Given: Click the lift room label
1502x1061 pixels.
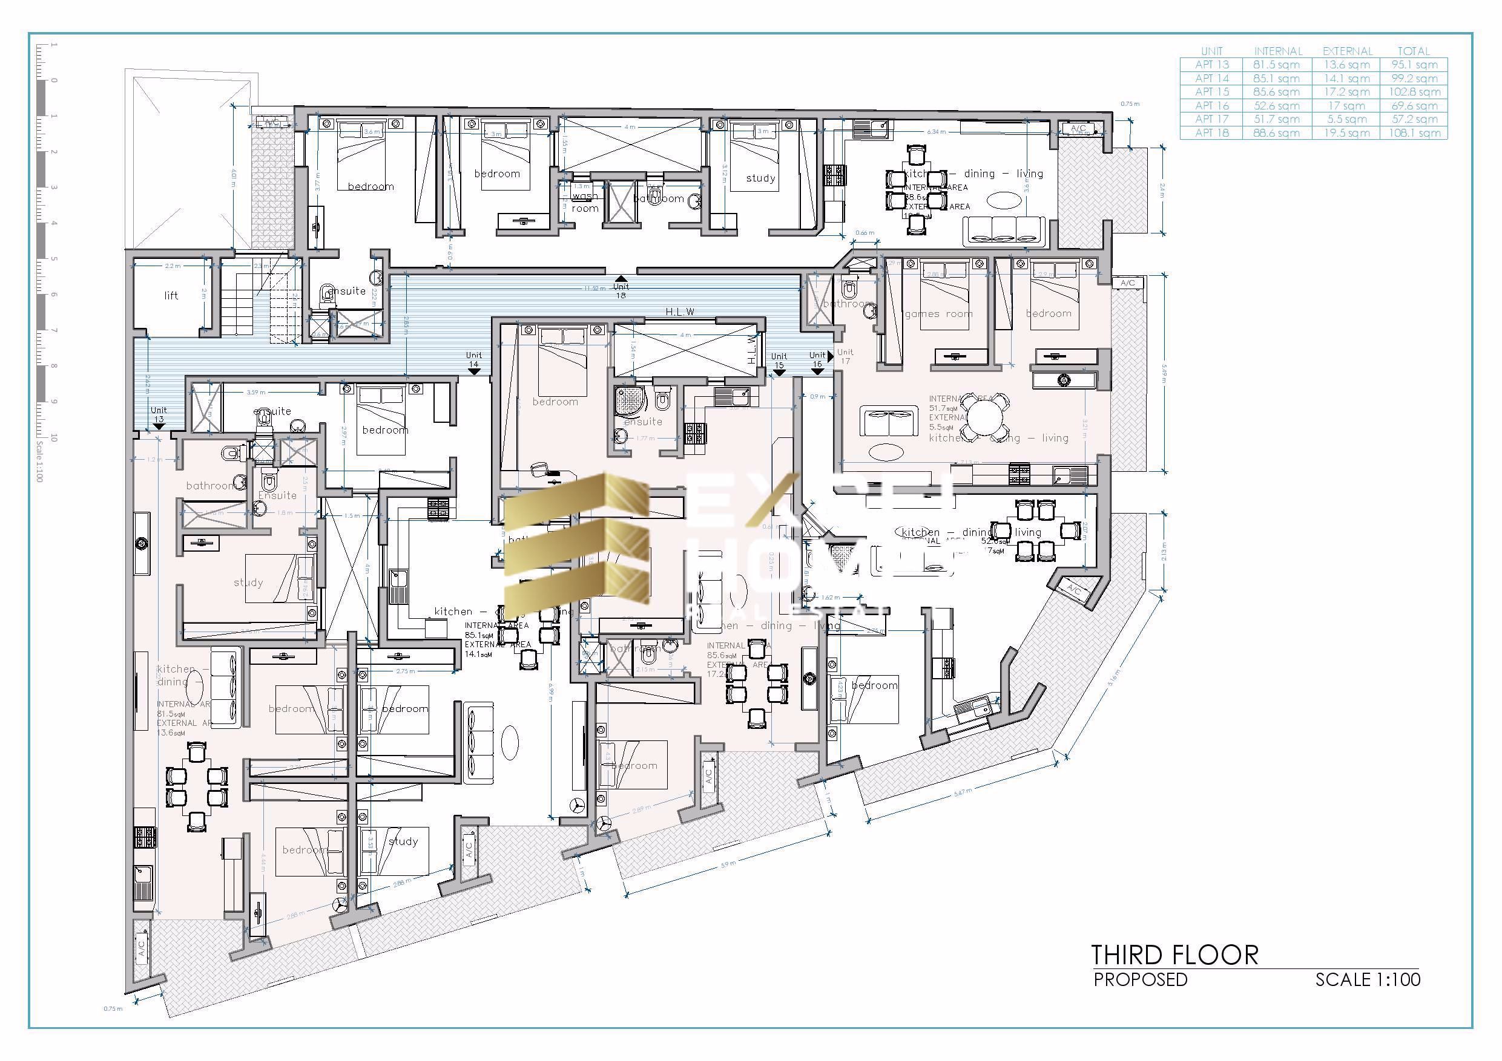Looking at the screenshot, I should [171, 295].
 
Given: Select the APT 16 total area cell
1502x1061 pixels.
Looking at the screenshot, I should [1413, 105].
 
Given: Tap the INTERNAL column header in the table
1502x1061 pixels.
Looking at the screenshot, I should [1277, 51].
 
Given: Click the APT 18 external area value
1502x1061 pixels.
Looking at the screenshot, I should [1346, 132].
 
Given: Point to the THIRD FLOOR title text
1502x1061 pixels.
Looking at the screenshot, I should [1174, 955].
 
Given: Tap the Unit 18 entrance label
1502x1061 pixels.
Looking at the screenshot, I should [620, 290].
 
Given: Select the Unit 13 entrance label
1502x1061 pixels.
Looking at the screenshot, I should [158, 414].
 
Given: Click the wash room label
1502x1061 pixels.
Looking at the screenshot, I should [584, 202].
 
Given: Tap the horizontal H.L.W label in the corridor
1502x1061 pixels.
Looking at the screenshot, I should [680, 312].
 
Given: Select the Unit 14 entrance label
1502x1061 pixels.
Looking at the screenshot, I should [473, 359].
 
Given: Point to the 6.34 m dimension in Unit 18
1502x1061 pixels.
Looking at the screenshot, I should [936, 131].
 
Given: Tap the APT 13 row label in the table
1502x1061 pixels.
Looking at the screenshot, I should [1211, 65].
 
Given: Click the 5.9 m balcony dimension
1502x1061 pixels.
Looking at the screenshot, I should [728, 864].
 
